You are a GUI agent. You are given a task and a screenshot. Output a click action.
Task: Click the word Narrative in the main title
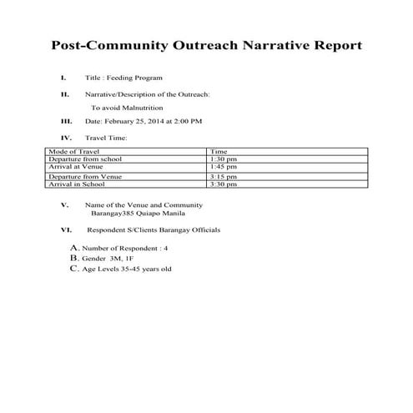[269, 45]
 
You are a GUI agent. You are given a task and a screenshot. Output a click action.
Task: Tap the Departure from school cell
[80, 159]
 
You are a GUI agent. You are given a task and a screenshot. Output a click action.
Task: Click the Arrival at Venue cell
[73, 167]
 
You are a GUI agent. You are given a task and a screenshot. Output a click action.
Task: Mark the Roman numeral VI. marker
[66, 229]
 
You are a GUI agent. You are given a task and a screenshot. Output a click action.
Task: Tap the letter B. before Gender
[74, 259]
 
